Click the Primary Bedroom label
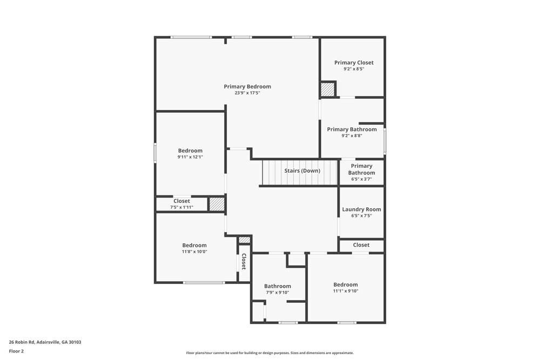point(247,87)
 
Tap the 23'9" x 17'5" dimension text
point(247,93)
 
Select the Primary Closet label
point(354,63)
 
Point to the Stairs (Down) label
point(302,171)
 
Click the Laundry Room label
point(361,209)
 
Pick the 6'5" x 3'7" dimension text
point(361,179)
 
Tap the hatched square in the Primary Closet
point(328,90)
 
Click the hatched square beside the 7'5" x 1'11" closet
point(217,203)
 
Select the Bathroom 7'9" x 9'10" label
point(277,287)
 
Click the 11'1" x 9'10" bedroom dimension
point(346,291)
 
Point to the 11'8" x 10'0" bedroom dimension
point(194,252)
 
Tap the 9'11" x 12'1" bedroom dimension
point(190,157)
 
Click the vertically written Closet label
point(244,262)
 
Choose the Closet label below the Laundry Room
point(361,245)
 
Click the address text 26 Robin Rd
point(22,342)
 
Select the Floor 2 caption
point(16,351)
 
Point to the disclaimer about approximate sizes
point(269,353)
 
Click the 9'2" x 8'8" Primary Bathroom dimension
point(352,135)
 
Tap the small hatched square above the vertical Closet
point(245,240)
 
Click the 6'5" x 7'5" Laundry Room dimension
point(361,216)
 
